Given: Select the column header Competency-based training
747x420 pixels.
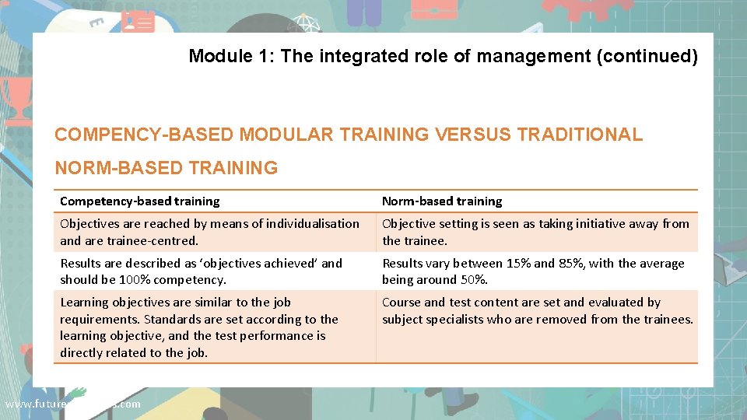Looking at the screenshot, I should tap(139, 201).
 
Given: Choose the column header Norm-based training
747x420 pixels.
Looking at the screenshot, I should tap(441, 201).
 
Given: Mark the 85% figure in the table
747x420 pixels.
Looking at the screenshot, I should tap(571, 263).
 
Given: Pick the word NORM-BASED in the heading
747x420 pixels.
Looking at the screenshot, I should tap(110, 167).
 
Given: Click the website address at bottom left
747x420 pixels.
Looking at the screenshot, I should tap(72, 404).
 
